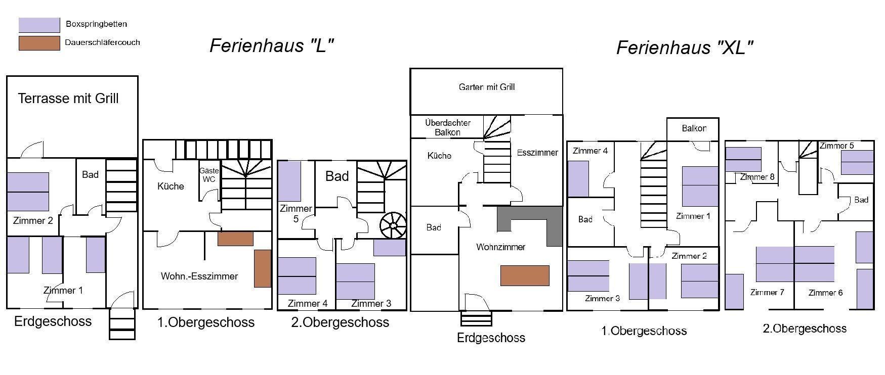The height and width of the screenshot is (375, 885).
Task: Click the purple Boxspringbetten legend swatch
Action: (39, 25)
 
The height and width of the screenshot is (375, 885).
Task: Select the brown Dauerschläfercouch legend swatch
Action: (39, 43)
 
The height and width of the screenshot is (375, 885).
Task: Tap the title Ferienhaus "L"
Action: (272, 46)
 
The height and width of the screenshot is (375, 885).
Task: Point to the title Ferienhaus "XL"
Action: (685, 48)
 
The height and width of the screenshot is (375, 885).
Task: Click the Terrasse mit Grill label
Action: (68, 99)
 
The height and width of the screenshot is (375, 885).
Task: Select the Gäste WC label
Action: (209, 175)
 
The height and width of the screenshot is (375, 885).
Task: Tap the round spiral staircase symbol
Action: (393, 225)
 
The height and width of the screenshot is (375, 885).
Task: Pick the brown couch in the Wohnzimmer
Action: (525, 275)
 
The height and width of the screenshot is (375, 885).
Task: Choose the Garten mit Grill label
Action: (487, 87)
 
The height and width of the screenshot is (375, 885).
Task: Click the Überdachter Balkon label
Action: (448, 127)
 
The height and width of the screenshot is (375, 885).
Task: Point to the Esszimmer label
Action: (537, 153)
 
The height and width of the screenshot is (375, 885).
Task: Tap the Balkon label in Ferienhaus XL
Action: (694, 128)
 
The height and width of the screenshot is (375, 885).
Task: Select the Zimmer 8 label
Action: (757, 177)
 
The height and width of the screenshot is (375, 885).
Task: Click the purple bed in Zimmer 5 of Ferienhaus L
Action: (289, 181)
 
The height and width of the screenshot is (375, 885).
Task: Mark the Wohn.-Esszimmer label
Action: (199, 276)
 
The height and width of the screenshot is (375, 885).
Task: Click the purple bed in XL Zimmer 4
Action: (578, 178)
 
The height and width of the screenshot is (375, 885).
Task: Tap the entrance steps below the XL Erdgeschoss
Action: (476, 319)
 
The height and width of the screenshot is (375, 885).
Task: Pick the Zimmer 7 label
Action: (767, 293)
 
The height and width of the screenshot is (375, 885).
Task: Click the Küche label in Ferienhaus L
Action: (171, 186)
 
